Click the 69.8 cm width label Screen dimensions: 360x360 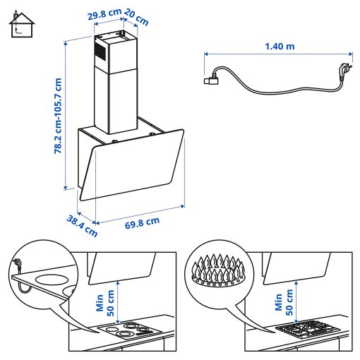pos(142,222)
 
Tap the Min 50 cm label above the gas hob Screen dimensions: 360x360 pos(282,300)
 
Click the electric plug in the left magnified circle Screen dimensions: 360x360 pos(17,266)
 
